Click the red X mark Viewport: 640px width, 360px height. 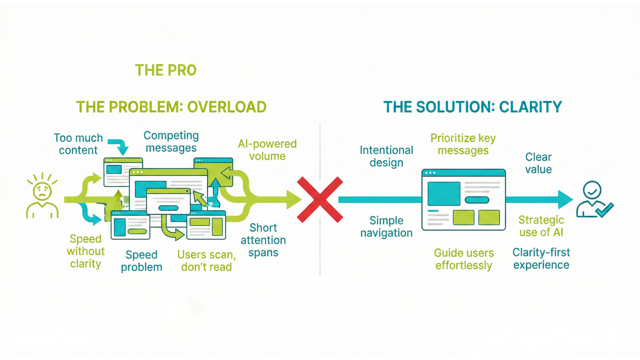320,200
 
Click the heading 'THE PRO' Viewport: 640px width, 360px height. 166,70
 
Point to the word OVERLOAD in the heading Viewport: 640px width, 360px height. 227,107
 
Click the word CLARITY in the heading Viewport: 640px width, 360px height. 530,107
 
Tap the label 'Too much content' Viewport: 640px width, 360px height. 78,144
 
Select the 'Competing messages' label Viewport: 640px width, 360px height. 171,141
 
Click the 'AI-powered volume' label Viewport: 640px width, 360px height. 267,150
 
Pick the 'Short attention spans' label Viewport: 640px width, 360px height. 263,240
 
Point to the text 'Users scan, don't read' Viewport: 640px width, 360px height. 206,261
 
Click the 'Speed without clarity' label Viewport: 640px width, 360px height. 86,251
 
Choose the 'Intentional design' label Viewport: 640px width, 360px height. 386,156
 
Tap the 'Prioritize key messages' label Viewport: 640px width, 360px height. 463,144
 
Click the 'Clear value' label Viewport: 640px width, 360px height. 538,163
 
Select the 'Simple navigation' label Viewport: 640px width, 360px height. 386,227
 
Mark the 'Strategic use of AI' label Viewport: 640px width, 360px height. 541,226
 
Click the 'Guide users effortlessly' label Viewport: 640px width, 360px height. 464,259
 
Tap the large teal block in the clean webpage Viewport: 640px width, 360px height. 444,193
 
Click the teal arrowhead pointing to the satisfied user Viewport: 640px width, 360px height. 565,200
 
